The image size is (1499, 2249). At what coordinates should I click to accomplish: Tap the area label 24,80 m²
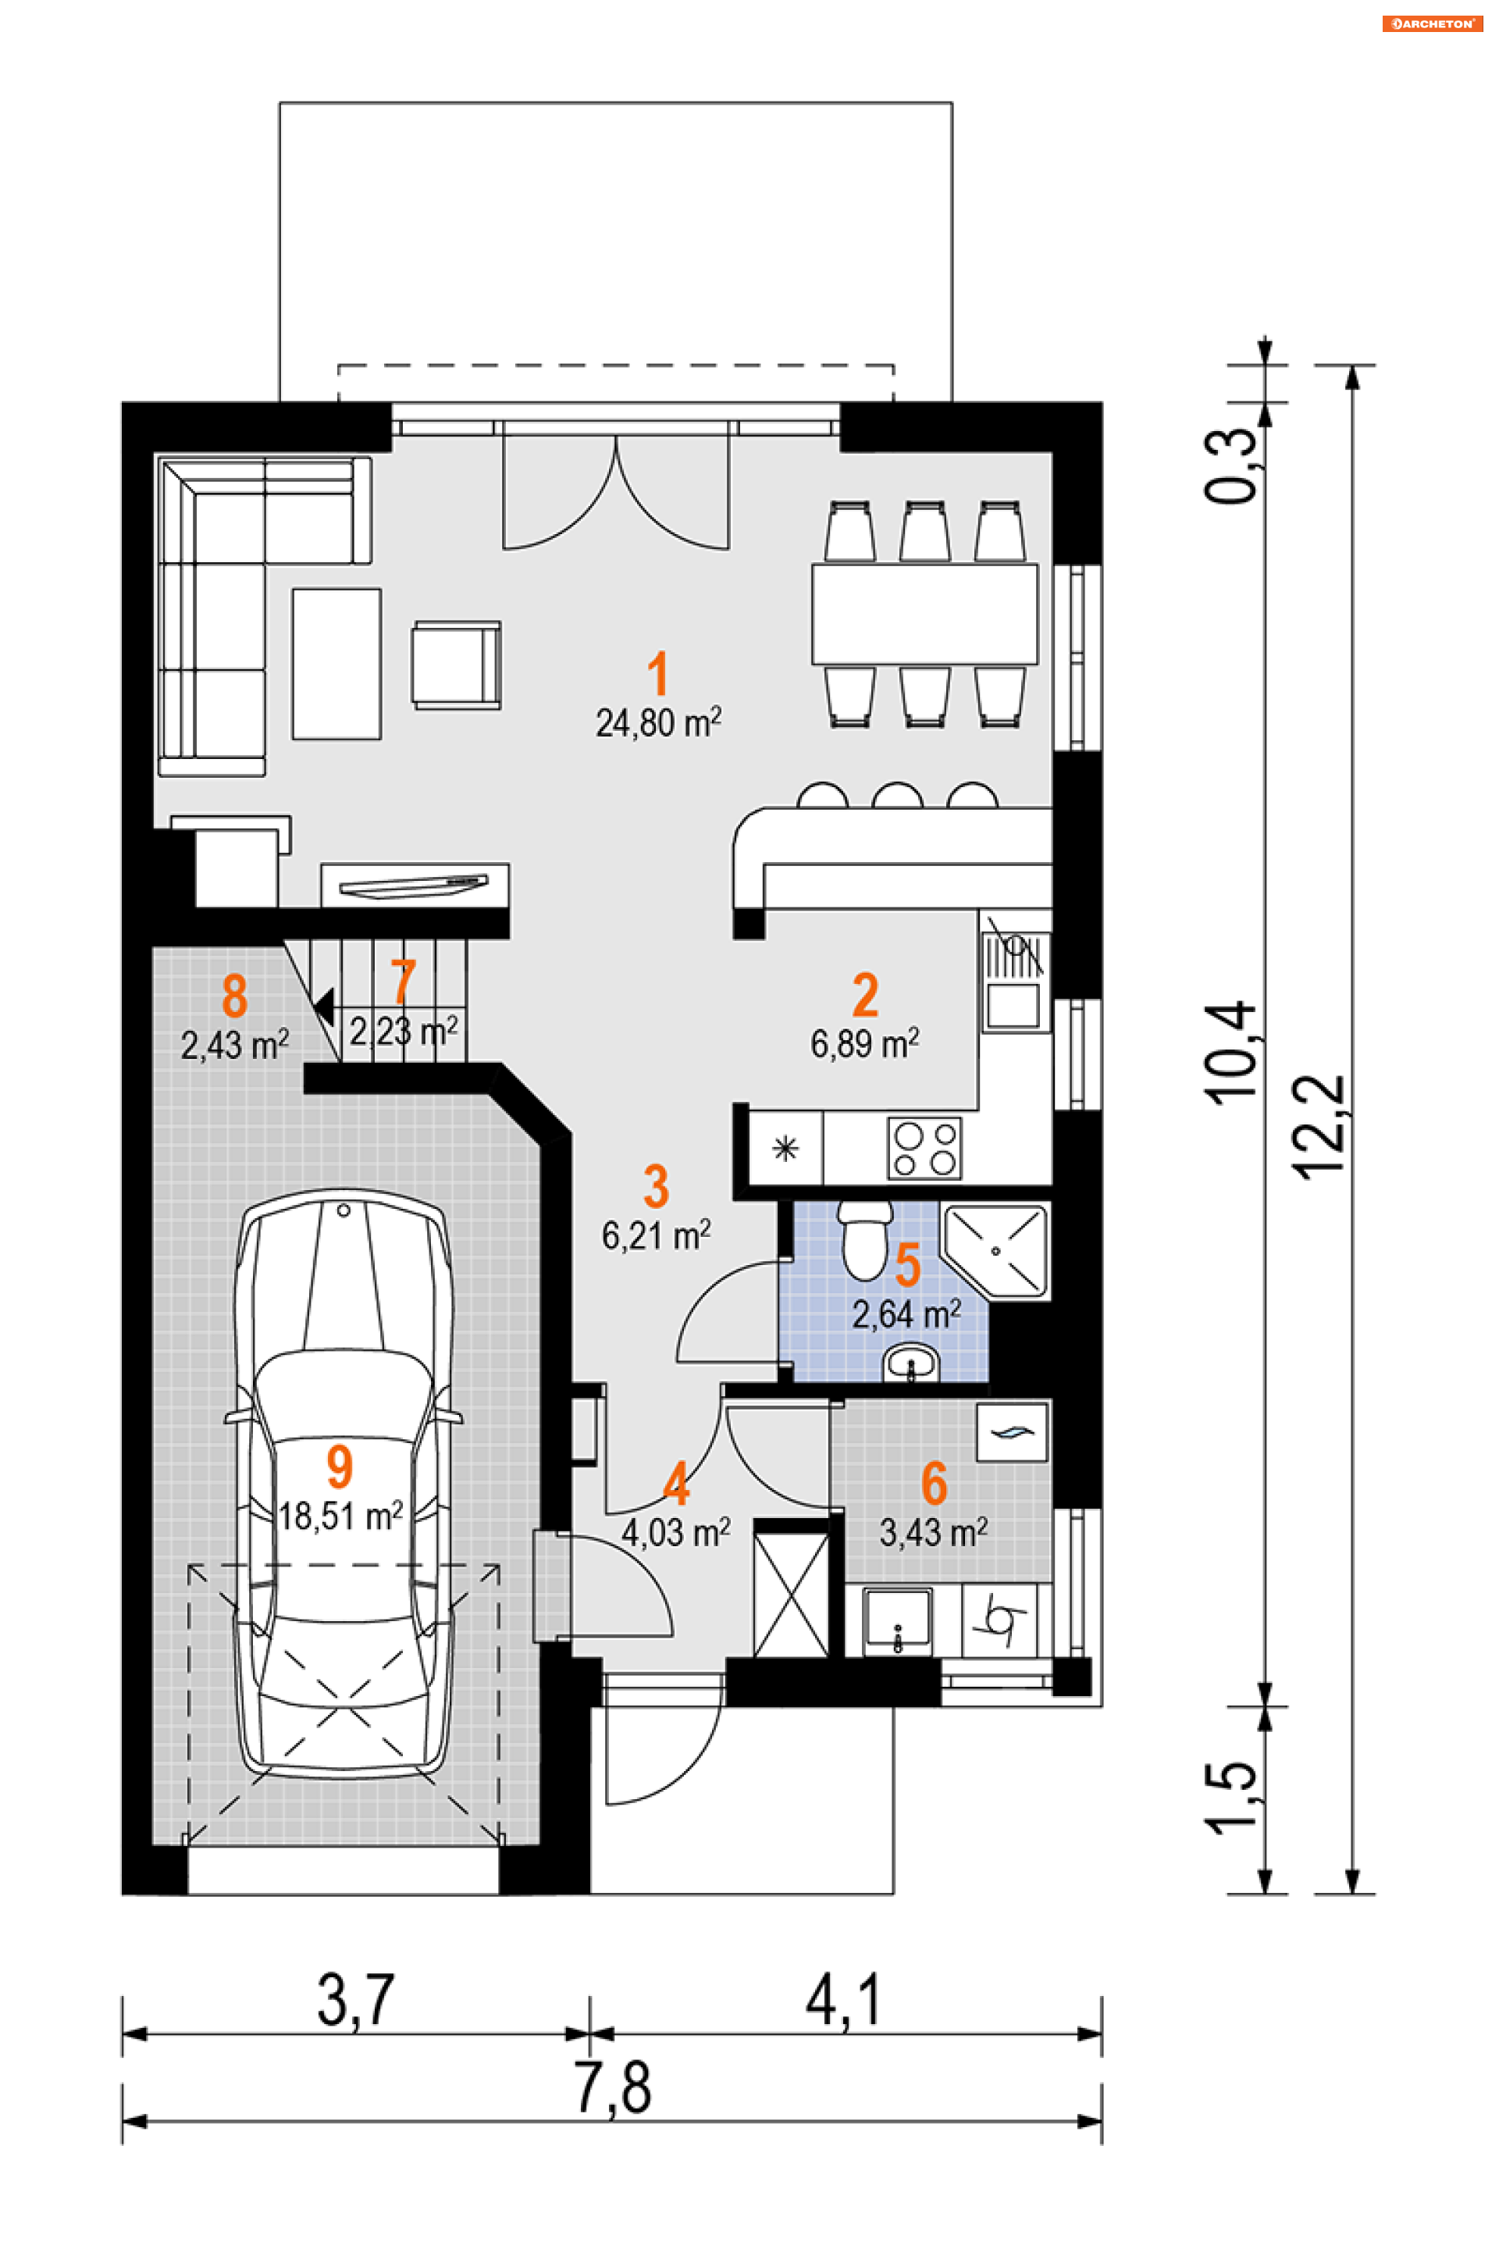click(659, 723)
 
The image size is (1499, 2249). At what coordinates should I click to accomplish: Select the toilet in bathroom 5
click(865, 1240)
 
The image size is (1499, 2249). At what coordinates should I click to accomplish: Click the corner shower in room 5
click(996, 1251)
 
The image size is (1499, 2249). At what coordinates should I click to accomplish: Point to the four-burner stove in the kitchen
click(924, 1149)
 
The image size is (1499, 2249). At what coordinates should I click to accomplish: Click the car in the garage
click(344, 1483)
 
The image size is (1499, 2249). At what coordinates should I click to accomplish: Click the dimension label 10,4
click(1231, 1053)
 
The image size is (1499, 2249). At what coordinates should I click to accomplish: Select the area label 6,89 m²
click(865, 1043)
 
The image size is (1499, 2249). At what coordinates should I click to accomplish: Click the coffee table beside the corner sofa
click(336, 664)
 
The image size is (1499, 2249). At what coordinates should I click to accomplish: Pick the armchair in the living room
click(456, 665)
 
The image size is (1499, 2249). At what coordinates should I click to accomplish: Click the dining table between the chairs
click(924, 613)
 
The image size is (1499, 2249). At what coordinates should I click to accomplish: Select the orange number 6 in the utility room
click(934, 1483)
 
